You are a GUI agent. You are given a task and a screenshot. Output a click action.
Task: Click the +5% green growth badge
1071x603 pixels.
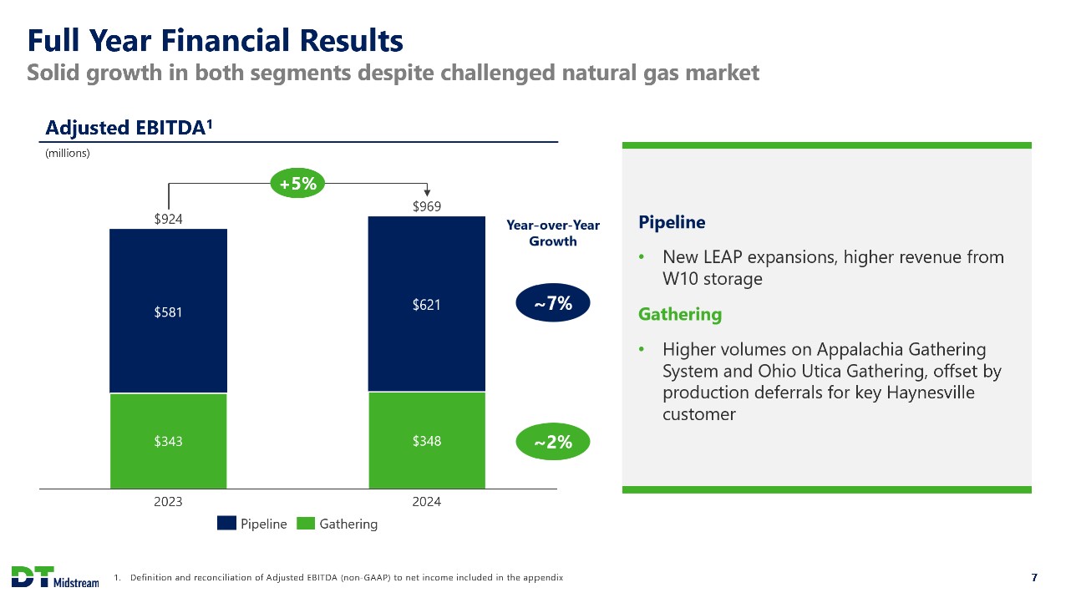coord(297,183)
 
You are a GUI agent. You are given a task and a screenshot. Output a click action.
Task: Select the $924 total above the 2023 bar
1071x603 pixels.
coord(168,219)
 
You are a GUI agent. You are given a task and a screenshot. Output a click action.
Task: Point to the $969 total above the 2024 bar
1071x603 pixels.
coord(427,206)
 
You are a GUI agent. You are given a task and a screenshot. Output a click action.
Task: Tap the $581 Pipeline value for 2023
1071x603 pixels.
coord(168,312)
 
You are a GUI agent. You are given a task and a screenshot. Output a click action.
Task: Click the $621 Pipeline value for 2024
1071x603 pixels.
coord(427,304)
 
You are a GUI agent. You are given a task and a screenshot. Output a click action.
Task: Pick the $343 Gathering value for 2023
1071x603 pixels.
coord(168,441)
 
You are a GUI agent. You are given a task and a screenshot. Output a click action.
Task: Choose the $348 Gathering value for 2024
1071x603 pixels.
coord(427,440)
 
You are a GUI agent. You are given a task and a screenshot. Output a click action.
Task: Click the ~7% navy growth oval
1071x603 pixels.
coord(553,302)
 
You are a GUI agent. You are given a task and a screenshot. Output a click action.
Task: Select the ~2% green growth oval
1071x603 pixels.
coord(553,442)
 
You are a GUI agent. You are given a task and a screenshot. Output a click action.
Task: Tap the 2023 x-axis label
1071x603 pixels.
coord(168,502)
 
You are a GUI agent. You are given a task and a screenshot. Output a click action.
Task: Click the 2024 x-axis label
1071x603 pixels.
coord(427,502)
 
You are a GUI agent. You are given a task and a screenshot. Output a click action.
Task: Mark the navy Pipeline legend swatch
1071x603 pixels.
coord(226,523)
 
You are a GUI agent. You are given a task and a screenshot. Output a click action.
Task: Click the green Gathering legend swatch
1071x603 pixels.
coord(306,523)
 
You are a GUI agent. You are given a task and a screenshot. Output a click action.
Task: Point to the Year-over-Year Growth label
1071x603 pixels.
coord(553,233)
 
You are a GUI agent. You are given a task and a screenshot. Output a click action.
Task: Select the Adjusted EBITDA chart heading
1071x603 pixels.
coord(129,128)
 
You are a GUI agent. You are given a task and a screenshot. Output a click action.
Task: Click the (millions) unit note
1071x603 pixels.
coord(68,154)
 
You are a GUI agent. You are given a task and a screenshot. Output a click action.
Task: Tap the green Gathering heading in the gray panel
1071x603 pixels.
coord(680,315)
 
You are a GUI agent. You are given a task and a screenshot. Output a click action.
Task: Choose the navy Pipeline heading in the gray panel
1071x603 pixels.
coord(672,223)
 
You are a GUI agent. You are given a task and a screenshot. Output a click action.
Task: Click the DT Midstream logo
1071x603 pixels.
coord(55,577)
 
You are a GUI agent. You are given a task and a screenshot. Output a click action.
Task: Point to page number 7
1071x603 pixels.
coord(1034,578)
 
